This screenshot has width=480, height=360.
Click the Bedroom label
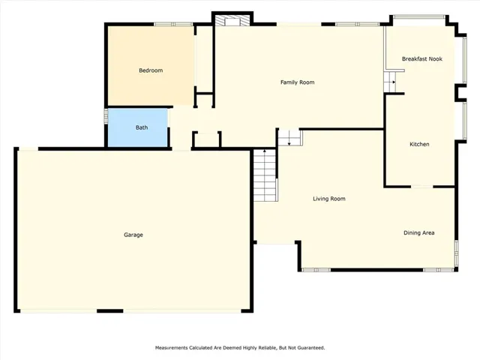(x=151, y=70)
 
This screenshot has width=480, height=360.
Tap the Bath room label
(x=142, y=127)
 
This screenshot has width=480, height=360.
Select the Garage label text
(x=133, y=235)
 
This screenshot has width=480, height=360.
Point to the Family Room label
(x=297, y=82)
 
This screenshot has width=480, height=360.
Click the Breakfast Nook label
(x=421, y=58)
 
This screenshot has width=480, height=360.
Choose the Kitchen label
(x=419, y=144)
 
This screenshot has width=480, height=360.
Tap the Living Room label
(x=329, y=199)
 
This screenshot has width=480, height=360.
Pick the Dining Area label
(x=418, y=232)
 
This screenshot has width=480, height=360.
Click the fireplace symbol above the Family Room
(x=232, y=20)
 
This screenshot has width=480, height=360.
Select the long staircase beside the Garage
(x=265, y=175)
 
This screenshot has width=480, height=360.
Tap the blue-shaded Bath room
(x=138, y=127)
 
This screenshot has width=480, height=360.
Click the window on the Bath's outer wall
(x=106, y=116)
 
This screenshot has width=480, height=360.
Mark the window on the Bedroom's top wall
(x=173, y=24)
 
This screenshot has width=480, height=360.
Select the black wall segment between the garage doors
(x=110, y=311)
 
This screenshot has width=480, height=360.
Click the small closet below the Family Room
(x=207, y=140)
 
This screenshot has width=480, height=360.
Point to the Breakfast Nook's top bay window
(x=419, y=16)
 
